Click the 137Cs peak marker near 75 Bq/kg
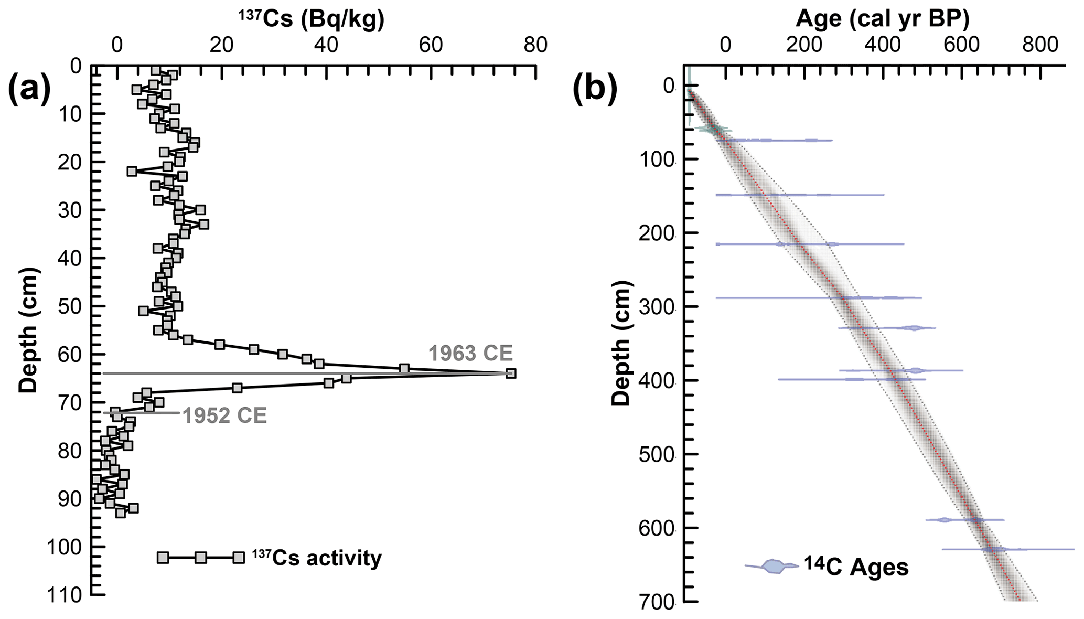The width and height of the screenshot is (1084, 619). pyautogui.click(x=511, y=373)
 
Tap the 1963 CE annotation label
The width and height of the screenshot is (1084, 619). pyautogui.click(x=470, y=353)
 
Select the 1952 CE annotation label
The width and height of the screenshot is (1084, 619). pyautogui.click(x=224, y=415)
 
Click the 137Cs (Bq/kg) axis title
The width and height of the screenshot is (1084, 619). pyautogui.click(x=312, y=19)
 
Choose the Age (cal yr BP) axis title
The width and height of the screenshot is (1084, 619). pyautogui.click(x=882, y=19)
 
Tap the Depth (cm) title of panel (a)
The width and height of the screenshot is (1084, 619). pyautogui.click(x=28, y=330)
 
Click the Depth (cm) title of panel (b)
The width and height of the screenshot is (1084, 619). pyautogui.click(x=621, y=344)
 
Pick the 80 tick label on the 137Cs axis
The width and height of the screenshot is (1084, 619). pyautogui.click(x=535, y=46)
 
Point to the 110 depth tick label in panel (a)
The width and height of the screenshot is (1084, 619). pyautogui.click(x=65, y=596)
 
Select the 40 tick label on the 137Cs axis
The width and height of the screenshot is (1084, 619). pyautogui.click(x=326, y=46)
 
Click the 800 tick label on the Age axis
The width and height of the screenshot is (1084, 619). pyautogui.click(x=1040, y=46)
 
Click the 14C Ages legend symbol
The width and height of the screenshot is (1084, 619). pyautogui.click(x=772, y=567)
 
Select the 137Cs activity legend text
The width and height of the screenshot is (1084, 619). pyautogui.click(x=317, y=558)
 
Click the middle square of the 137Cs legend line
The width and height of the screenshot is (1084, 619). pyautogui.click(x=200, y=558)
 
